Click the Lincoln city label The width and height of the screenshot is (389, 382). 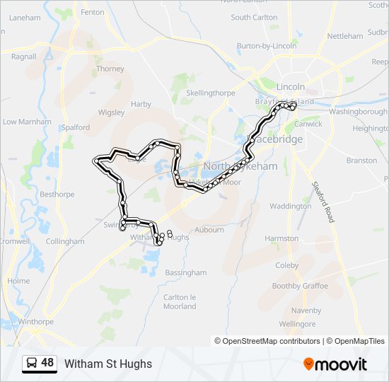tap(291, 86)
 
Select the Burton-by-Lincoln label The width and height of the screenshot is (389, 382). tap(267, 46)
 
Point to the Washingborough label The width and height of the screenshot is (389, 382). tap(358, 112)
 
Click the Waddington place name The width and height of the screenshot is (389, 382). tap(290, 207)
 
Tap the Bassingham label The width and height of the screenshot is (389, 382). tap(185, 272)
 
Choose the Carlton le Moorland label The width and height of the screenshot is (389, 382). tap(180, 302)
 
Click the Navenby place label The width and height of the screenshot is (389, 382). tap(306, 311)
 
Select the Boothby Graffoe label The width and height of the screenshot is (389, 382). tap(300, 286)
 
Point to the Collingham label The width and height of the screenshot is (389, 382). tap(64, 241)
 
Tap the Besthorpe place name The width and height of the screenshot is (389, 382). tap(57, 194)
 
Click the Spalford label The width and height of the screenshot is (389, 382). tap(76, 128)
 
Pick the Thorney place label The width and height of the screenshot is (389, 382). tap(110, 69)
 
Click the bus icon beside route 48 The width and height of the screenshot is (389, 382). tap(32, 364)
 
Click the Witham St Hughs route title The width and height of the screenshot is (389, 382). tap(108, 364)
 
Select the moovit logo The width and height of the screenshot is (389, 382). tap(335, 364)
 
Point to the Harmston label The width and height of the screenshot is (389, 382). tap(281, 238)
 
